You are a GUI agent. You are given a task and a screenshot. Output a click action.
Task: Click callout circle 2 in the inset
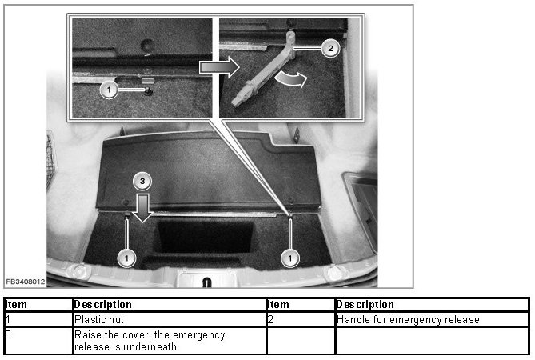[330, 48]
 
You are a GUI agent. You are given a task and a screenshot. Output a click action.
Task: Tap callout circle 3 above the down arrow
[142, 181]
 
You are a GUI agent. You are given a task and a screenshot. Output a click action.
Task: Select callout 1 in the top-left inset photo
[109, 90]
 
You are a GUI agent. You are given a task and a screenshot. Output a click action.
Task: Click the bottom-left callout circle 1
[126, 258]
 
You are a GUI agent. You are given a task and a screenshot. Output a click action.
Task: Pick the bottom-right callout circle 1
[290, 258]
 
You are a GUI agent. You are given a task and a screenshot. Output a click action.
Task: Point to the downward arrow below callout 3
[142, 208]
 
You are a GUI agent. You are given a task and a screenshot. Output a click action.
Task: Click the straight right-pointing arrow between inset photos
[219, 67]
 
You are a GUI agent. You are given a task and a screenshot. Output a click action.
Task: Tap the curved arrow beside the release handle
[291, 79]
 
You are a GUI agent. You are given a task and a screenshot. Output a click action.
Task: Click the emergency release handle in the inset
[263, 70]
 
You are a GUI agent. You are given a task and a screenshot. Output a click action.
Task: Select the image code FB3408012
[26, 282]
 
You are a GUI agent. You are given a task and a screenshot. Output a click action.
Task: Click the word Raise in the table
[88, 334]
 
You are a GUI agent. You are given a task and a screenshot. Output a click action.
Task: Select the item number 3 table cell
[38, 341]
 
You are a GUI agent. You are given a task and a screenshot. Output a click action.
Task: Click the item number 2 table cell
[301, 319]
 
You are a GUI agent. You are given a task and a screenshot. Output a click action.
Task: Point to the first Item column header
[16, 304]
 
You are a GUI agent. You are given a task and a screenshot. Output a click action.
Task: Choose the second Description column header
[365, 304]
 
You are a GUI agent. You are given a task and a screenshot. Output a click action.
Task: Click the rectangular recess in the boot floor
[205, 236]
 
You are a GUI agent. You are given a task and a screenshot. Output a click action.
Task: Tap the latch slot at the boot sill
[207, 282]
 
